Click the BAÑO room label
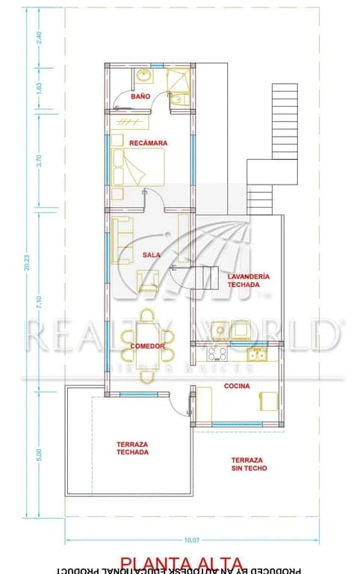pos(140,96)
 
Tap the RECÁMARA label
pos(148,142)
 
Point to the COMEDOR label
pos(147,346)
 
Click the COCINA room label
pos(237,386)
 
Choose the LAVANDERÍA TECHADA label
pos(249,280)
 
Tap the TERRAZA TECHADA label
pos(132,448)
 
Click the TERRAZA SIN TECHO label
pos(249,464)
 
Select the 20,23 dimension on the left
pos(27,262)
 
